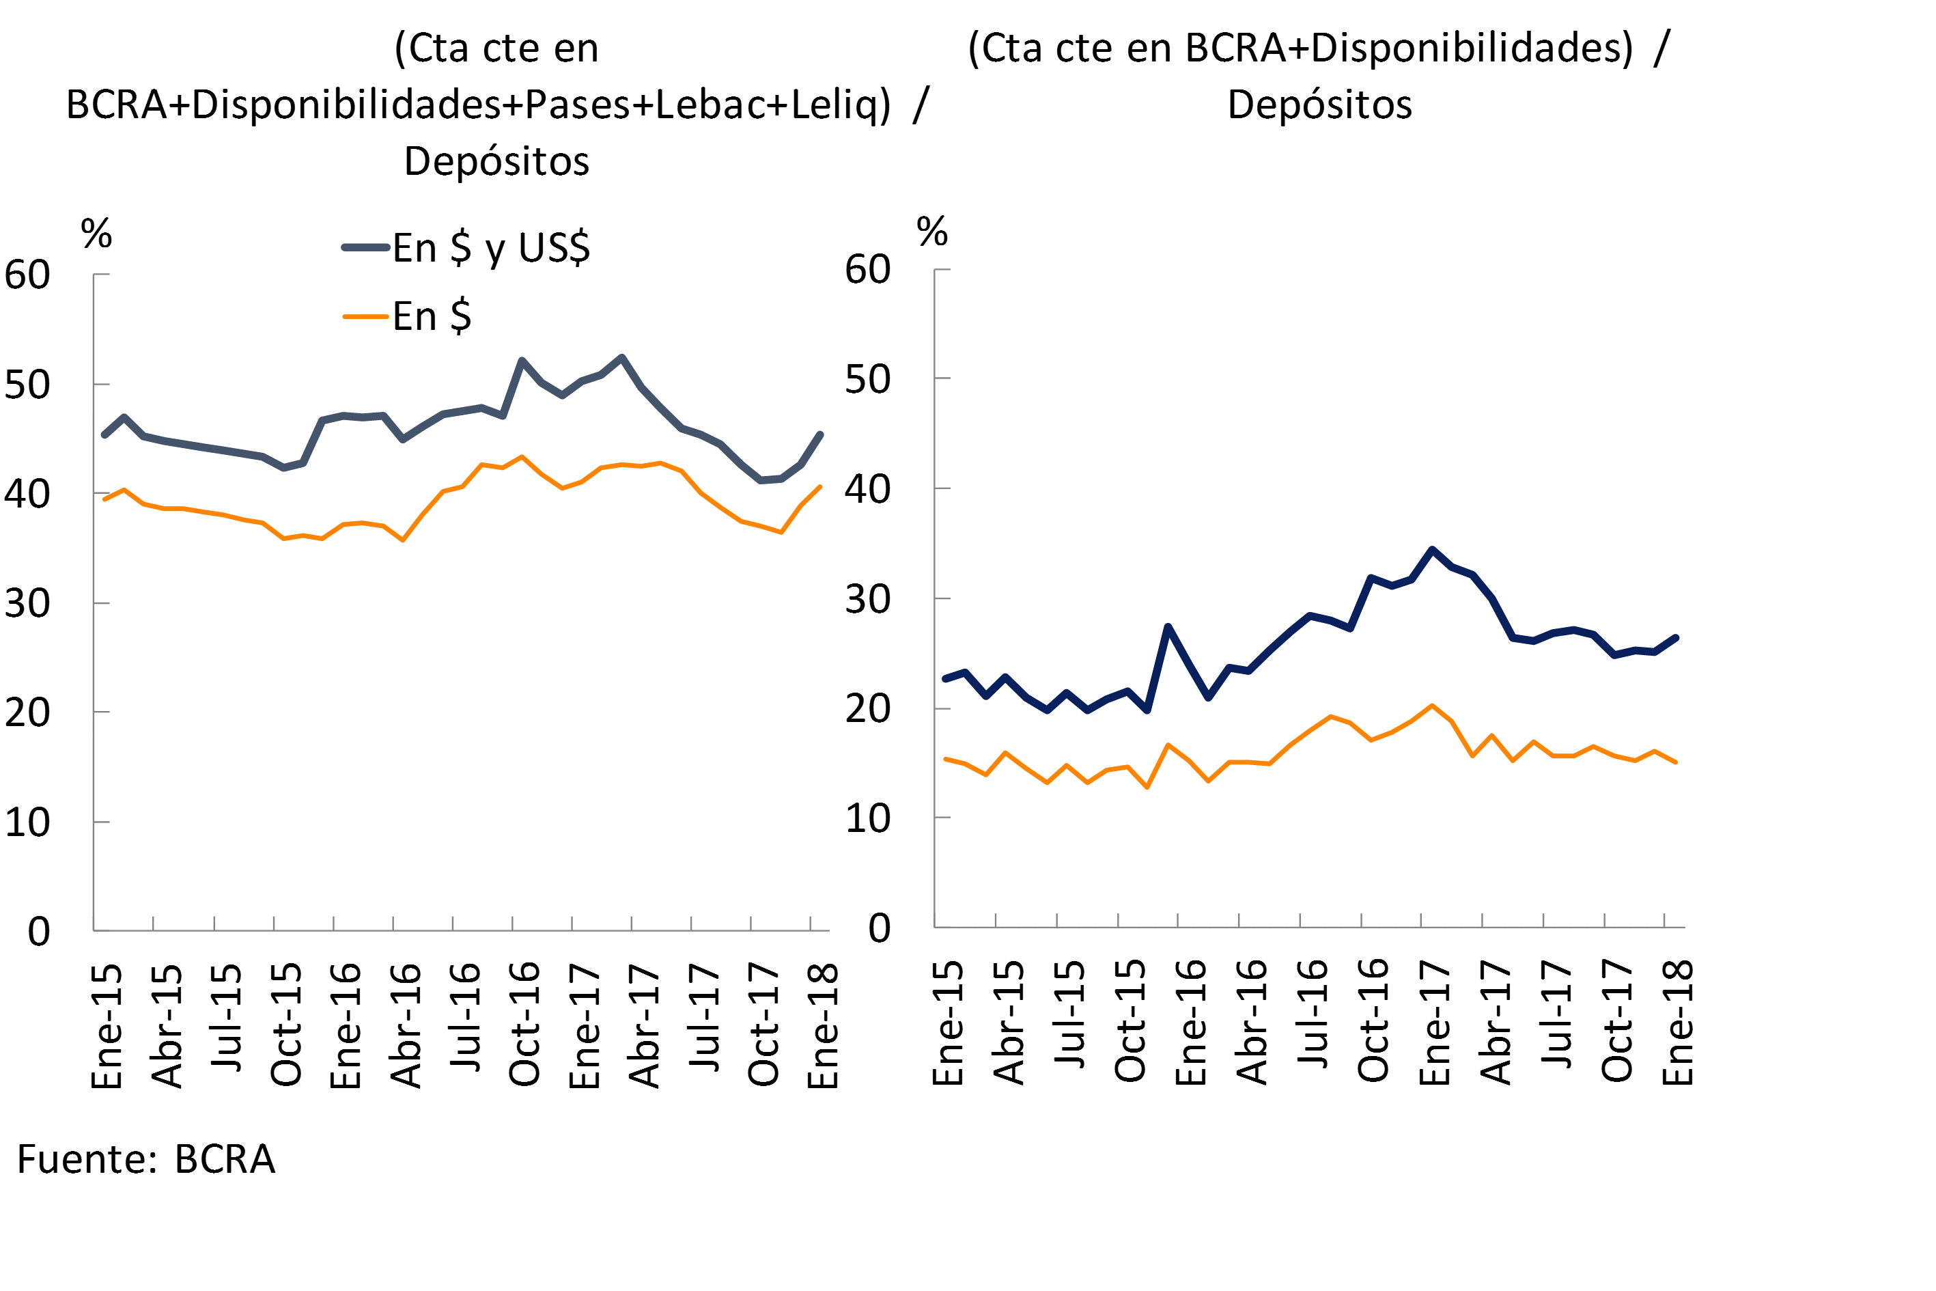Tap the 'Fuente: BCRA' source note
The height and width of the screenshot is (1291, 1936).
[x=145, y=1159]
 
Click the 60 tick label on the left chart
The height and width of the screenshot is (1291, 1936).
[x=27, y=275]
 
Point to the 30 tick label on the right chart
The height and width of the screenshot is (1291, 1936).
[x=867, y=600]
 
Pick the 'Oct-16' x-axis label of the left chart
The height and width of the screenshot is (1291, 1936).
[x=524, y=1024]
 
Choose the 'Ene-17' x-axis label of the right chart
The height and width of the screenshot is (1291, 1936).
[x=1435, y=1023]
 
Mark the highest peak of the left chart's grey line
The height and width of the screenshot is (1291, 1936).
[x=621, y=357]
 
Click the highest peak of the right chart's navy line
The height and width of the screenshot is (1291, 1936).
[x=1432, y=549]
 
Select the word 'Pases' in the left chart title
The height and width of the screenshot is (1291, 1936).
[x=576, y=105]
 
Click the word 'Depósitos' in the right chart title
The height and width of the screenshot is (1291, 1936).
[x=1319, y=105]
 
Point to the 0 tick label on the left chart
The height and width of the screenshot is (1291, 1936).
[x=39, y=931]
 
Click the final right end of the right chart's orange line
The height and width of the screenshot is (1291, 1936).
[x=1676, y=762]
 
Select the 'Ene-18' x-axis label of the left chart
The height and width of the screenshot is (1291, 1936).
[x=822, y=1026]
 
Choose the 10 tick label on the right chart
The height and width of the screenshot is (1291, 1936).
[x=867, y=818]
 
